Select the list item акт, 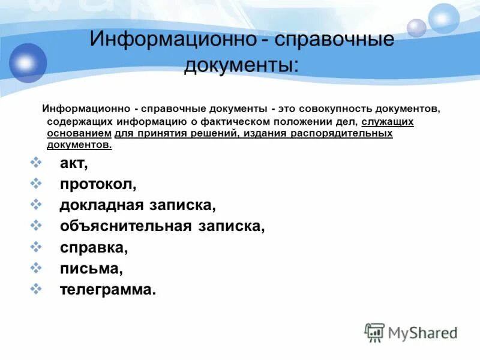tap(74, 163)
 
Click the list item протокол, tap(98, 184)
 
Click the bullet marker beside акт tap(35, 162)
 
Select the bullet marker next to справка tap(35, 246)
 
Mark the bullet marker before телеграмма tap(35, 288)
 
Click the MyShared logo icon tap(374, 332)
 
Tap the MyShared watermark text tap(422, 332)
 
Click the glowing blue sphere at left tap(25, 62)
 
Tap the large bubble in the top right tap(443, 18)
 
